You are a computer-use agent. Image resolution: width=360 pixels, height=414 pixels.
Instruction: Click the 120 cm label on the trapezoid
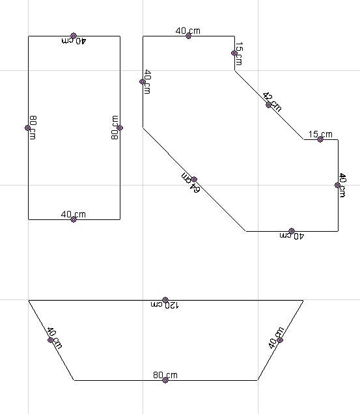pyautogui.click(x=165, y=305)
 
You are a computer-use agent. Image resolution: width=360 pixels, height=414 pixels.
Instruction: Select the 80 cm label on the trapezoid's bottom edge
pyautogui.click(x=165, y=375)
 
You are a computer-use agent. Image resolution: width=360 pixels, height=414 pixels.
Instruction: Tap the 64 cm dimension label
pyautogui.click(x=191, y=183)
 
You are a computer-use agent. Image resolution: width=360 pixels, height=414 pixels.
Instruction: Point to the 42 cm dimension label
pyautogui.click(x=272, y=102)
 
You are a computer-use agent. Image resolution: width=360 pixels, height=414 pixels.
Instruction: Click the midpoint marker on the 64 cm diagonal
pyautogui.click(x=194, y=179)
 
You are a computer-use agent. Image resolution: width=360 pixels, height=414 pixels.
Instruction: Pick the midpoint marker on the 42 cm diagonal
pyautogui.click(x=268, y=105)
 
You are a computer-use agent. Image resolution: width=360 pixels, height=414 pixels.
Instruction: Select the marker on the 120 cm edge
pyautogui.click(x=165, y=299)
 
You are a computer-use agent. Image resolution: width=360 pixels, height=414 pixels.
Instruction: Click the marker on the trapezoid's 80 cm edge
pyautogui.click(x=165, y=380)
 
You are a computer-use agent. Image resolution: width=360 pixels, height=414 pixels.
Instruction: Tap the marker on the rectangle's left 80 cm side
pyautogui.click(x=27, y=128)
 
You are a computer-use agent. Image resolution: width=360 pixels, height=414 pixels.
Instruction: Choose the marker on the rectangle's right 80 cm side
pyautogui.click(x=120, y=128)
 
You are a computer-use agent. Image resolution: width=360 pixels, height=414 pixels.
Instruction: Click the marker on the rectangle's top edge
pyautogui.click(x=74, y=36)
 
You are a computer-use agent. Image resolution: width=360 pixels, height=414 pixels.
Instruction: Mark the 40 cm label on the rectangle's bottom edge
pyautogui.click(x=74, y=214)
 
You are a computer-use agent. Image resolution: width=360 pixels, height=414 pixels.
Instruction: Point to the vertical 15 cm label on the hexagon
pyautogui.click(x=239, y=53)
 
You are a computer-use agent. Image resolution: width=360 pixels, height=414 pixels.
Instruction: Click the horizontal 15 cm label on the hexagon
pyautogui.click(x=320, y=134)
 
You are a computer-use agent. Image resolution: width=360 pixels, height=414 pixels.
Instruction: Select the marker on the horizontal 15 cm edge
pyautogui.click(x=320, y=139)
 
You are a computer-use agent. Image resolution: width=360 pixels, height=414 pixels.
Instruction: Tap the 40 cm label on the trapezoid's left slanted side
pyautogui.click(x=55, y=338)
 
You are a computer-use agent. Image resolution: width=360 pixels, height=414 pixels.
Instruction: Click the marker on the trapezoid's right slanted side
pyautogui.click(x=280, y=340)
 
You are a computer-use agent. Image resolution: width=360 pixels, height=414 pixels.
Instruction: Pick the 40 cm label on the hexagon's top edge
pyautogui.click(x=188, y=31)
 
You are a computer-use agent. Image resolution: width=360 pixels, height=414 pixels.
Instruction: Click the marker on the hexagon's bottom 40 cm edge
pyautogui.click(x=292, y=231)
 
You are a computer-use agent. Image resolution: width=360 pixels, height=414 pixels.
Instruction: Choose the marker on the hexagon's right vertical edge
pyautogui.click(x=337, y=185)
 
